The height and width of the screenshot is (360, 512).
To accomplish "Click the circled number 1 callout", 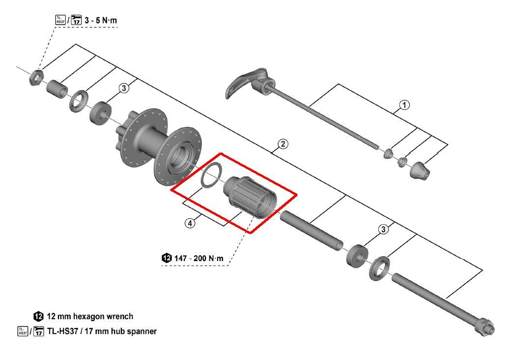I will (x=404, y=105).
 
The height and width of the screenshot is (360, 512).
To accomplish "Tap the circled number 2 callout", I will (x=283, y=144).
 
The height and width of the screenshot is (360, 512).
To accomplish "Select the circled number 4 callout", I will (x=190, y=223).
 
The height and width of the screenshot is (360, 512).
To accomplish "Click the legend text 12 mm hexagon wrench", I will (x=90, y=316).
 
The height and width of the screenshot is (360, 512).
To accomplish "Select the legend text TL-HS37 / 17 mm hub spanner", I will (x=102, y=331).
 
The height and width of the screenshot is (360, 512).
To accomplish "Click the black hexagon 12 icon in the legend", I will (x=38, y=316).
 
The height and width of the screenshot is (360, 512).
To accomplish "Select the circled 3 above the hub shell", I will (x=124, y=88).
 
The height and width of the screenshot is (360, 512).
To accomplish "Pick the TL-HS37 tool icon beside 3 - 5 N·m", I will (x=59, y=20).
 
